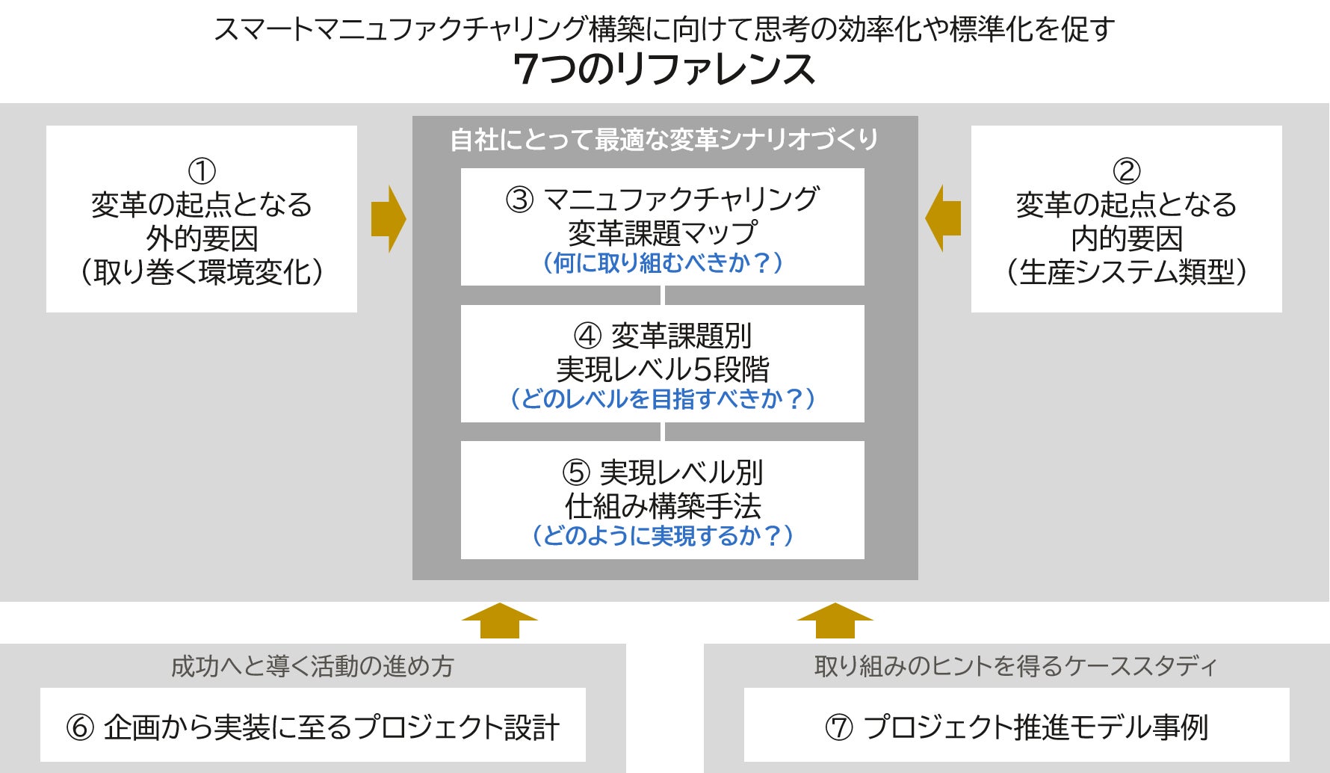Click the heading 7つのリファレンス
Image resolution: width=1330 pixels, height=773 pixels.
point(664,70)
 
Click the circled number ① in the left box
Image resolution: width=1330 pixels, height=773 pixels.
point(202,171)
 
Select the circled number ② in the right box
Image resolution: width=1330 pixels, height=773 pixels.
point(1127,171)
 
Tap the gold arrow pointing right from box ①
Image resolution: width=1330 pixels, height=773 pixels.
point(389,219)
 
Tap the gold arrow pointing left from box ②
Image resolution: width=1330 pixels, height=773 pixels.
point(942,219)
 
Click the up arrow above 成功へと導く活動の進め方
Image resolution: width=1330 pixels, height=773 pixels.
point(499,620)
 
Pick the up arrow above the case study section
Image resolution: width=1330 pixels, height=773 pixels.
point(835,620)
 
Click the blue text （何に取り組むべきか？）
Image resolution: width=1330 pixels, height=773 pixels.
point(663,263)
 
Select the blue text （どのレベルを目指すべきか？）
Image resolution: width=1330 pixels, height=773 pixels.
point(663,398)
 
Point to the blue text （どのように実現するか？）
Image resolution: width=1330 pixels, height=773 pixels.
point(663,535)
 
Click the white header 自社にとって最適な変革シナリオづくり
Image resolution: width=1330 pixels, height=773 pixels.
point(664,140)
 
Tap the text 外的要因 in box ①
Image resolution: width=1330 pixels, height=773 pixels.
point(202,238)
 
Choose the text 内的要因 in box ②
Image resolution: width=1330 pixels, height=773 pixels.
point(1127,238)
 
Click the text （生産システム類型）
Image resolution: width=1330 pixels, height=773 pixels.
point(1127,272)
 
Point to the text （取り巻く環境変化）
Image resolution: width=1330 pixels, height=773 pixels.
point(202,272)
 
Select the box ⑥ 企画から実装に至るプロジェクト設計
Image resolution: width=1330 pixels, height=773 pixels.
point(313,726)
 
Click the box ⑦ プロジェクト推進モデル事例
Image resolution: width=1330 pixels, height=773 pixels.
point(1016,726)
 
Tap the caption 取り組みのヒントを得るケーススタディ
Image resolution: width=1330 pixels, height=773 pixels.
point(1016,665)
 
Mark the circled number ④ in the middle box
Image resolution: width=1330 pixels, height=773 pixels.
point(587,336)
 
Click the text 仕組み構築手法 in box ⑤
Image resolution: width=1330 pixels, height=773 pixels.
point(663,506)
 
